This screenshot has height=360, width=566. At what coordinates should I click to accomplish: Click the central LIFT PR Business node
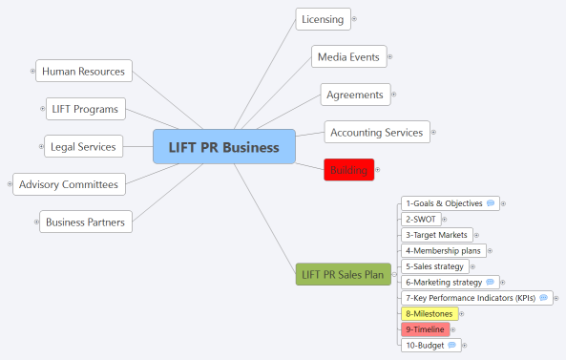tap(223, 147)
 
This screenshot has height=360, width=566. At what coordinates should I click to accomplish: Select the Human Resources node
tap(84, 71)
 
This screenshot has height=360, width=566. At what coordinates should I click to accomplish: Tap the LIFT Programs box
tap(86, 109)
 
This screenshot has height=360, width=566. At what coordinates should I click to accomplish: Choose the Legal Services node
tap(84, 147)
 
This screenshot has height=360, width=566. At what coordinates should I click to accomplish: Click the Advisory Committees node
tap(69, 184)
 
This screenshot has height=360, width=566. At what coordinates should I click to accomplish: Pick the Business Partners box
tap(85, 222)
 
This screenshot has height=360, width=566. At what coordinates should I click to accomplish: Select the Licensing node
tap(323, 19)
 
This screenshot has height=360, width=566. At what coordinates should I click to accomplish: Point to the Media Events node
tap(350, 57)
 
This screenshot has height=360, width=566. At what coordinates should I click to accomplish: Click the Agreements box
tap(355, 95)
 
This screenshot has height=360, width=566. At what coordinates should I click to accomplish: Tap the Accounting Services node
tap(376, 133)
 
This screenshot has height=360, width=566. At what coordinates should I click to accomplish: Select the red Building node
tap(348, 170)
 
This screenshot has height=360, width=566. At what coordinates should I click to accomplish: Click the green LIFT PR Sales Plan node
tap(343, 275)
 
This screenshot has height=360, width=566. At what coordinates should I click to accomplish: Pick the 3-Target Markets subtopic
tap(435, 235)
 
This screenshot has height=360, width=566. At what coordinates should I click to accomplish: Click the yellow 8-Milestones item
tap(428, 313)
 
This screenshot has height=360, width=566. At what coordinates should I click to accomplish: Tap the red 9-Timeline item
tap(424, 328)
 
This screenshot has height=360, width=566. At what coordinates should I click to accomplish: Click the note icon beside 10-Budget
tap(451, 345)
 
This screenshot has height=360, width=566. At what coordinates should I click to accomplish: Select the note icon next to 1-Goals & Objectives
tap(490, 203)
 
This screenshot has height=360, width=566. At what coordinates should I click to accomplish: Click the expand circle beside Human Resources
tap(31, 71)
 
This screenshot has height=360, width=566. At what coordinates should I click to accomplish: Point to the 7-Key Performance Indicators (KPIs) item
tap(470, 298)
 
